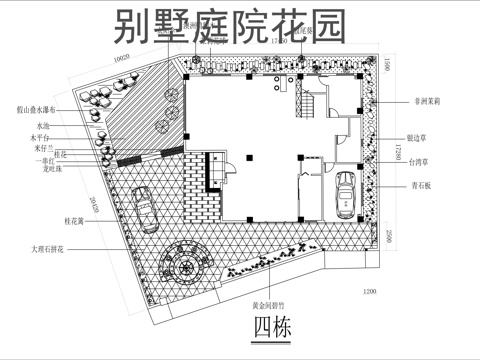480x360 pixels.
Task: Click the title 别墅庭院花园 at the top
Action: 229,27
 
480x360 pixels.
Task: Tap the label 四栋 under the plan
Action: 269,327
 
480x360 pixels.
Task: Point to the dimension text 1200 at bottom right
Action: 371,291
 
